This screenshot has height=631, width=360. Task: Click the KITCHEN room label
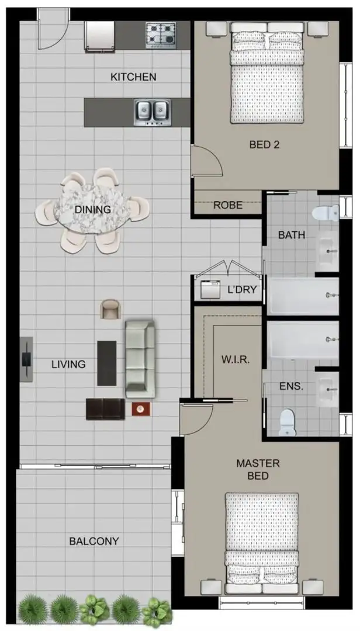pyautogui.click(x=133, y=77)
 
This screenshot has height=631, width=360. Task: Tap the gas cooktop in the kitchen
pyautogui.click(x=161, y=34)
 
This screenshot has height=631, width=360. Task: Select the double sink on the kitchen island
pyautogui.click(x=152, y=112)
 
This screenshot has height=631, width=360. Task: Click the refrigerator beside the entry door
pyautogui.click(x=99, y=36)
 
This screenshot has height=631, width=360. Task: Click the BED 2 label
pyautogui.click(x=264, y=144)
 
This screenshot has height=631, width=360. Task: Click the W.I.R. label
pyautogui.click(x=236, y=359)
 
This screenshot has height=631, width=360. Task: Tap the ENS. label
pyautogui.click(x=291, y=386)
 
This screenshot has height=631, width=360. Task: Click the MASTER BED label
pyautogui.click(x=258, y=470)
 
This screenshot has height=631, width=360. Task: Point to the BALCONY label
pyautogui.click(x=94, y=541)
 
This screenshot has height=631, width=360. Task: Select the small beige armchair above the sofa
pyautogui.click(x=110, y=309)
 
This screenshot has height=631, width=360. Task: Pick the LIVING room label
pyautogui.click(x=68, y=365)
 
